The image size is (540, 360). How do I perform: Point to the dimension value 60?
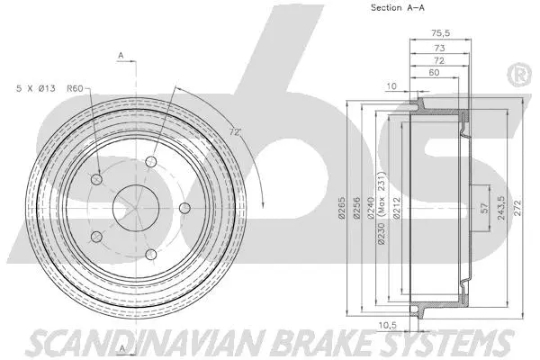click(435, 72)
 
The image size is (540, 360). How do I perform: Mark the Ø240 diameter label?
click(369, 208)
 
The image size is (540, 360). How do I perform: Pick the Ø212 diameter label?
click(396, 208)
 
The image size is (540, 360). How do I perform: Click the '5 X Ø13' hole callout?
click(38, 87)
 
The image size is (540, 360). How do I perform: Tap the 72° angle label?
click(235, 131)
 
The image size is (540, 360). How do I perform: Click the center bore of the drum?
click(134, 209)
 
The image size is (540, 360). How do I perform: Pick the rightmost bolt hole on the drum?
click(184, 209)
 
